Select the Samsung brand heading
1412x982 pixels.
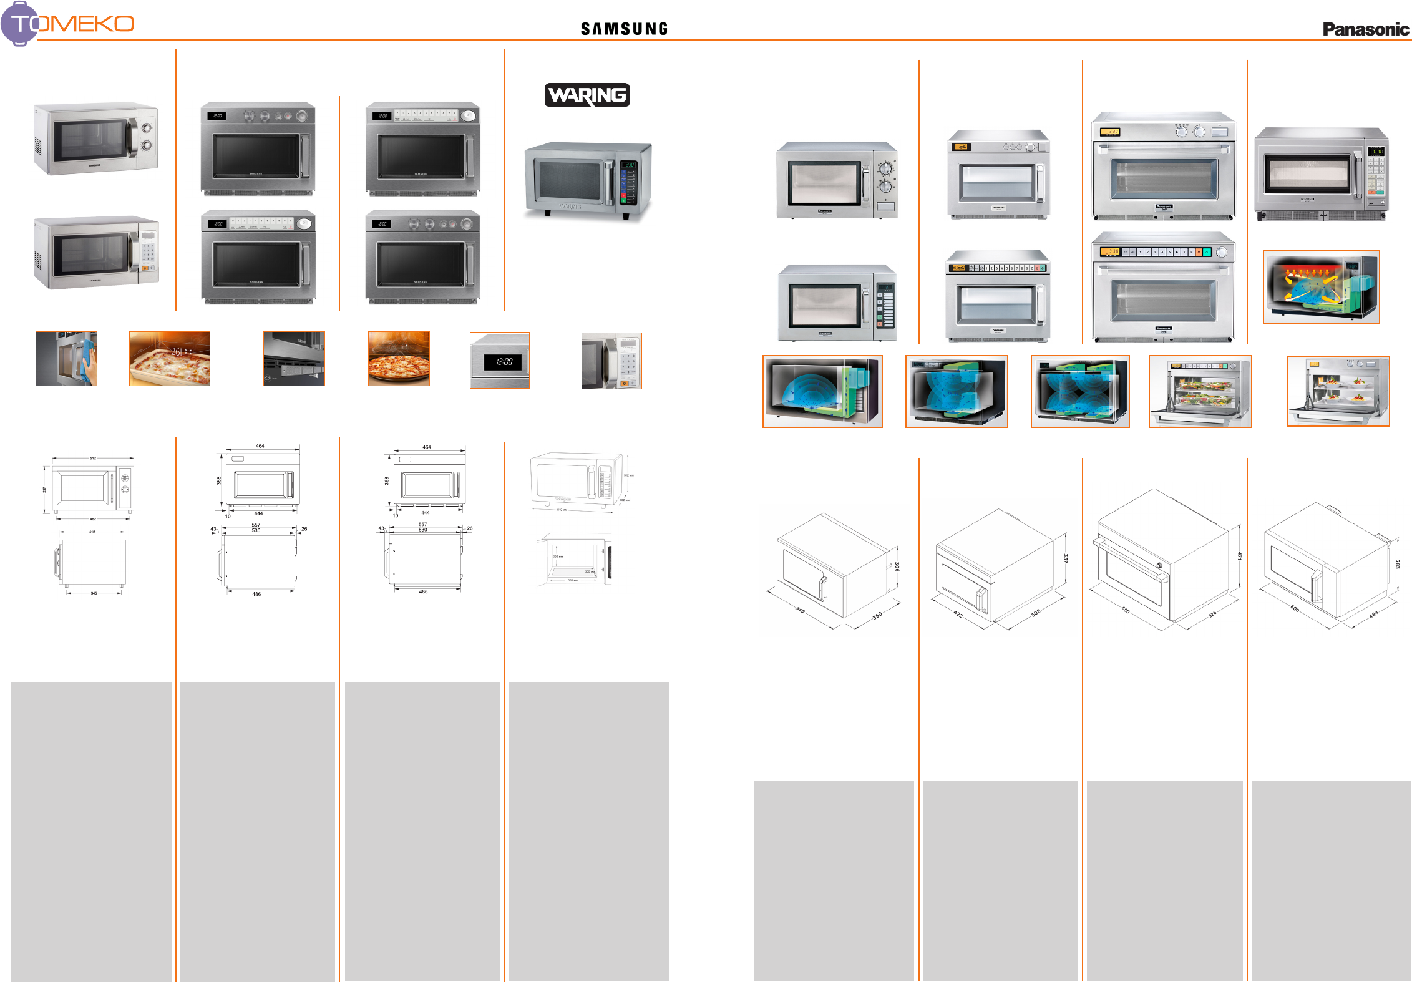(x=624, y=29)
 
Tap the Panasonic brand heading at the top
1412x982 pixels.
(x=1365, y=29)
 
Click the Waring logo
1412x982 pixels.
(x=587, y=95)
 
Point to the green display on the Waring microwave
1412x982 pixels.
(x=629, y=165)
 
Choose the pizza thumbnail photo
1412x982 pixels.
(x=399, y=359)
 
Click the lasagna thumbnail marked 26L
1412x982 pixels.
(x=169, y=359)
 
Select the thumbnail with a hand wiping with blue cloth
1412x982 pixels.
(x=66, y=359)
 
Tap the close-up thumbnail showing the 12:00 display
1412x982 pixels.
(x=499, y=361)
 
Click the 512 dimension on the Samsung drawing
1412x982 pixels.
(x=93, y=458)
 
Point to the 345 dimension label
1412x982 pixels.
(x=94, y=593)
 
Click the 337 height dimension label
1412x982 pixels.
(x=1066, y=558)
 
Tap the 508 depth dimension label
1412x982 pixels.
(x=1036, y=613)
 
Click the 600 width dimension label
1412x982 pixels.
(x=1295, y=608)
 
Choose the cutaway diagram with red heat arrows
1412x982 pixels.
(x=1321, y=287)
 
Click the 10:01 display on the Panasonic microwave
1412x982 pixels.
(x=1376, y=152)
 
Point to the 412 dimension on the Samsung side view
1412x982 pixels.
(x=92, y=532)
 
